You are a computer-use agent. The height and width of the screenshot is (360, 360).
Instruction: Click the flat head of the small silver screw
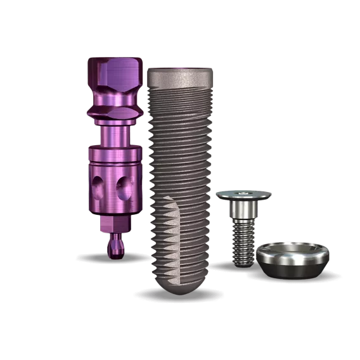243,194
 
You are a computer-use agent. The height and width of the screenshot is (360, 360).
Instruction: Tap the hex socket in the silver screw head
243,193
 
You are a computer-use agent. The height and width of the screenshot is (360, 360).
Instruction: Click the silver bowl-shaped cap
292,260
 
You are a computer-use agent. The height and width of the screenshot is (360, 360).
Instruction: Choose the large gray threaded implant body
181,165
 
